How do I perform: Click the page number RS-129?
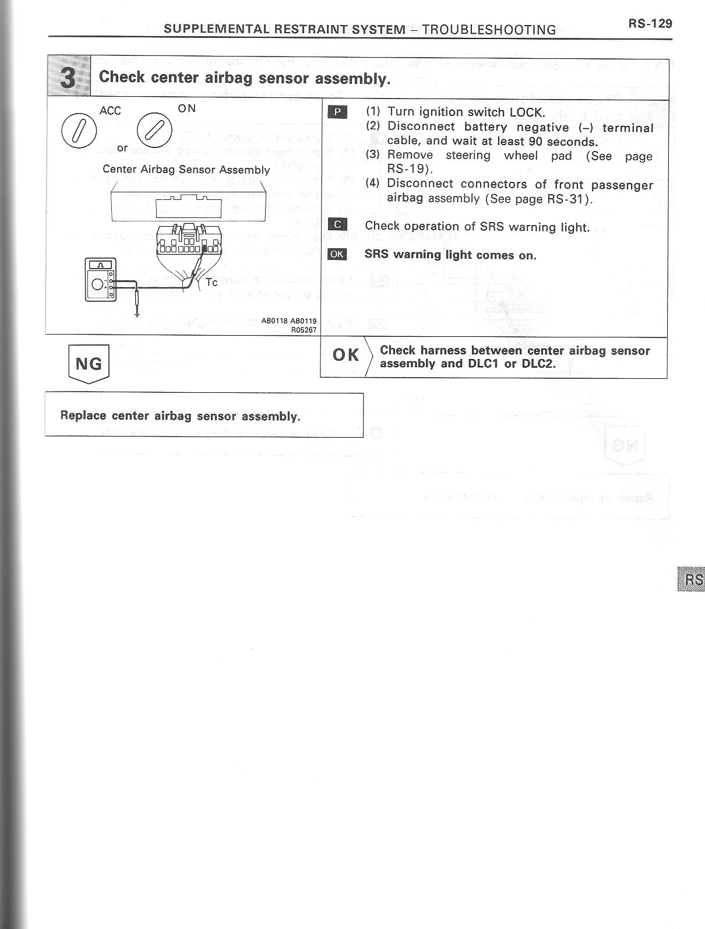tap(650, 23)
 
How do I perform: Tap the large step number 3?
tap(69, 78)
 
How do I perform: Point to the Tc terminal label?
tap(211, 282)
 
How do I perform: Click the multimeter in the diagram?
tap(100, 280)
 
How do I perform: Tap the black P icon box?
tap(337, 112)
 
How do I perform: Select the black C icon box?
tap(337, 225)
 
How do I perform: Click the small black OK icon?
tap(337, 254)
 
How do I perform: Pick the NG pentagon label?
tap(89, 364)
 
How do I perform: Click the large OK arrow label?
tap(346, 355)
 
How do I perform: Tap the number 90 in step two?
tap(536, 142)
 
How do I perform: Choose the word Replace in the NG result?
tap(83, 416)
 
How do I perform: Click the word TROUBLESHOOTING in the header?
tap(489, 30)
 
